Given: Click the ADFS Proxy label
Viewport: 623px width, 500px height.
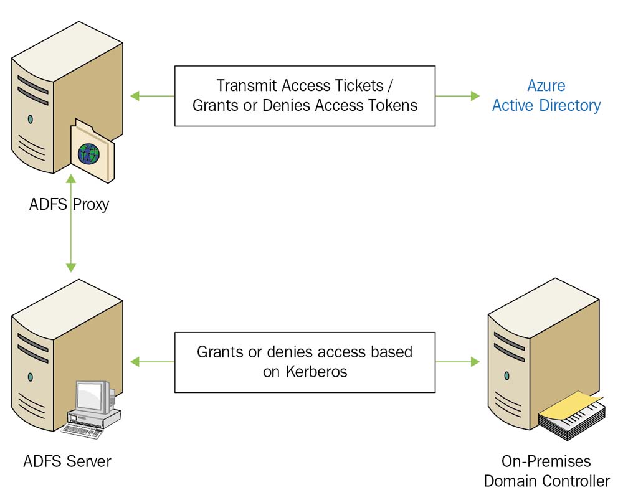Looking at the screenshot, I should [69, 204].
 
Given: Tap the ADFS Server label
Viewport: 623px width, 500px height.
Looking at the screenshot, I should [67, 461].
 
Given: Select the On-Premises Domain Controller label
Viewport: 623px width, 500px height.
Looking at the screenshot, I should [546, 471].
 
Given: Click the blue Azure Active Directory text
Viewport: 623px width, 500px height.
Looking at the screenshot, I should [546, 95].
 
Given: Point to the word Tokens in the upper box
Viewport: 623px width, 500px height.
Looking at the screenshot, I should [394, 105].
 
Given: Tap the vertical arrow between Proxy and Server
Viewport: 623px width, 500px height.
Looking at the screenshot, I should [70, 224].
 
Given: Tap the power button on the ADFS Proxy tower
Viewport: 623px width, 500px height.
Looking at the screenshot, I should [30, 118].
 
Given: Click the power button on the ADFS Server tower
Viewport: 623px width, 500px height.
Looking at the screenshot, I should [30, 376].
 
